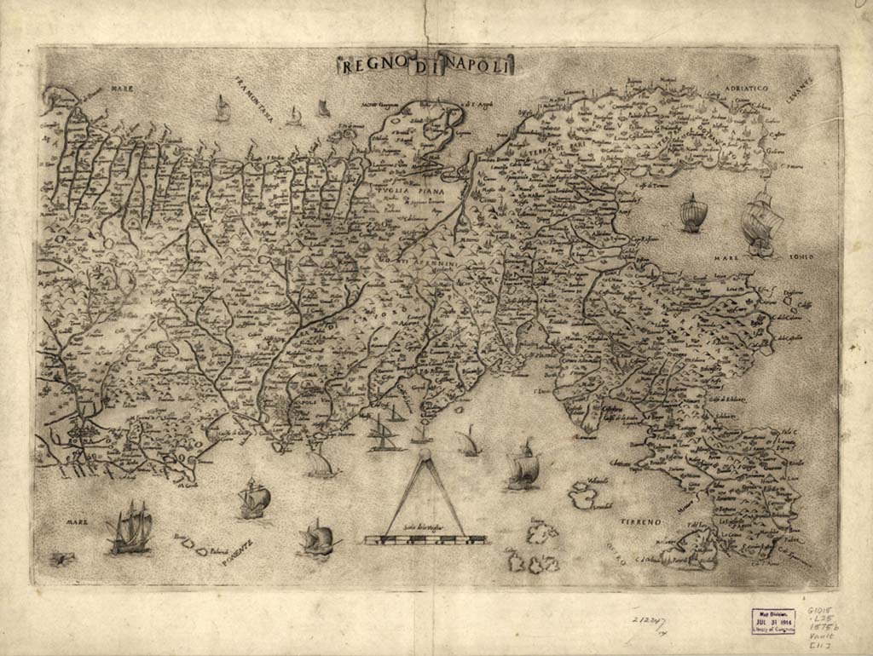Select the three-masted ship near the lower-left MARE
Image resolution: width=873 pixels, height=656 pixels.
[130, 528]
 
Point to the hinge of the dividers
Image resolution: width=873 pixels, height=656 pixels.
[425, 458]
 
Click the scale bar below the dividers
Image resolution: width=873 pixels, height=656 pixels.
[425, 539]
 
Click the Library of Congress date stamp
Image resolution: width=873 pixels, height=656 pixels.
[773, 620]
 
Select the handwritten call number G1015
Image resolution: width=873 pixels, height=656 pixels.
[820, 612]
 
